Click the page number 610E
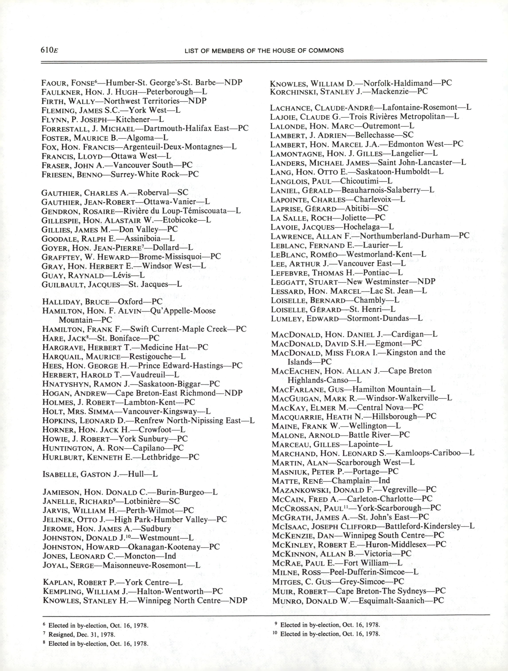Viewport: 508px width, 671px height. click(49, 50)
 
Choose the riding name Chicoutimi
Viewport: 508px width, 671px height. click(360, 181)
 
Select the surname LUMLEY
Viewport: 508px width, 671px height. click(286, 319)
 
